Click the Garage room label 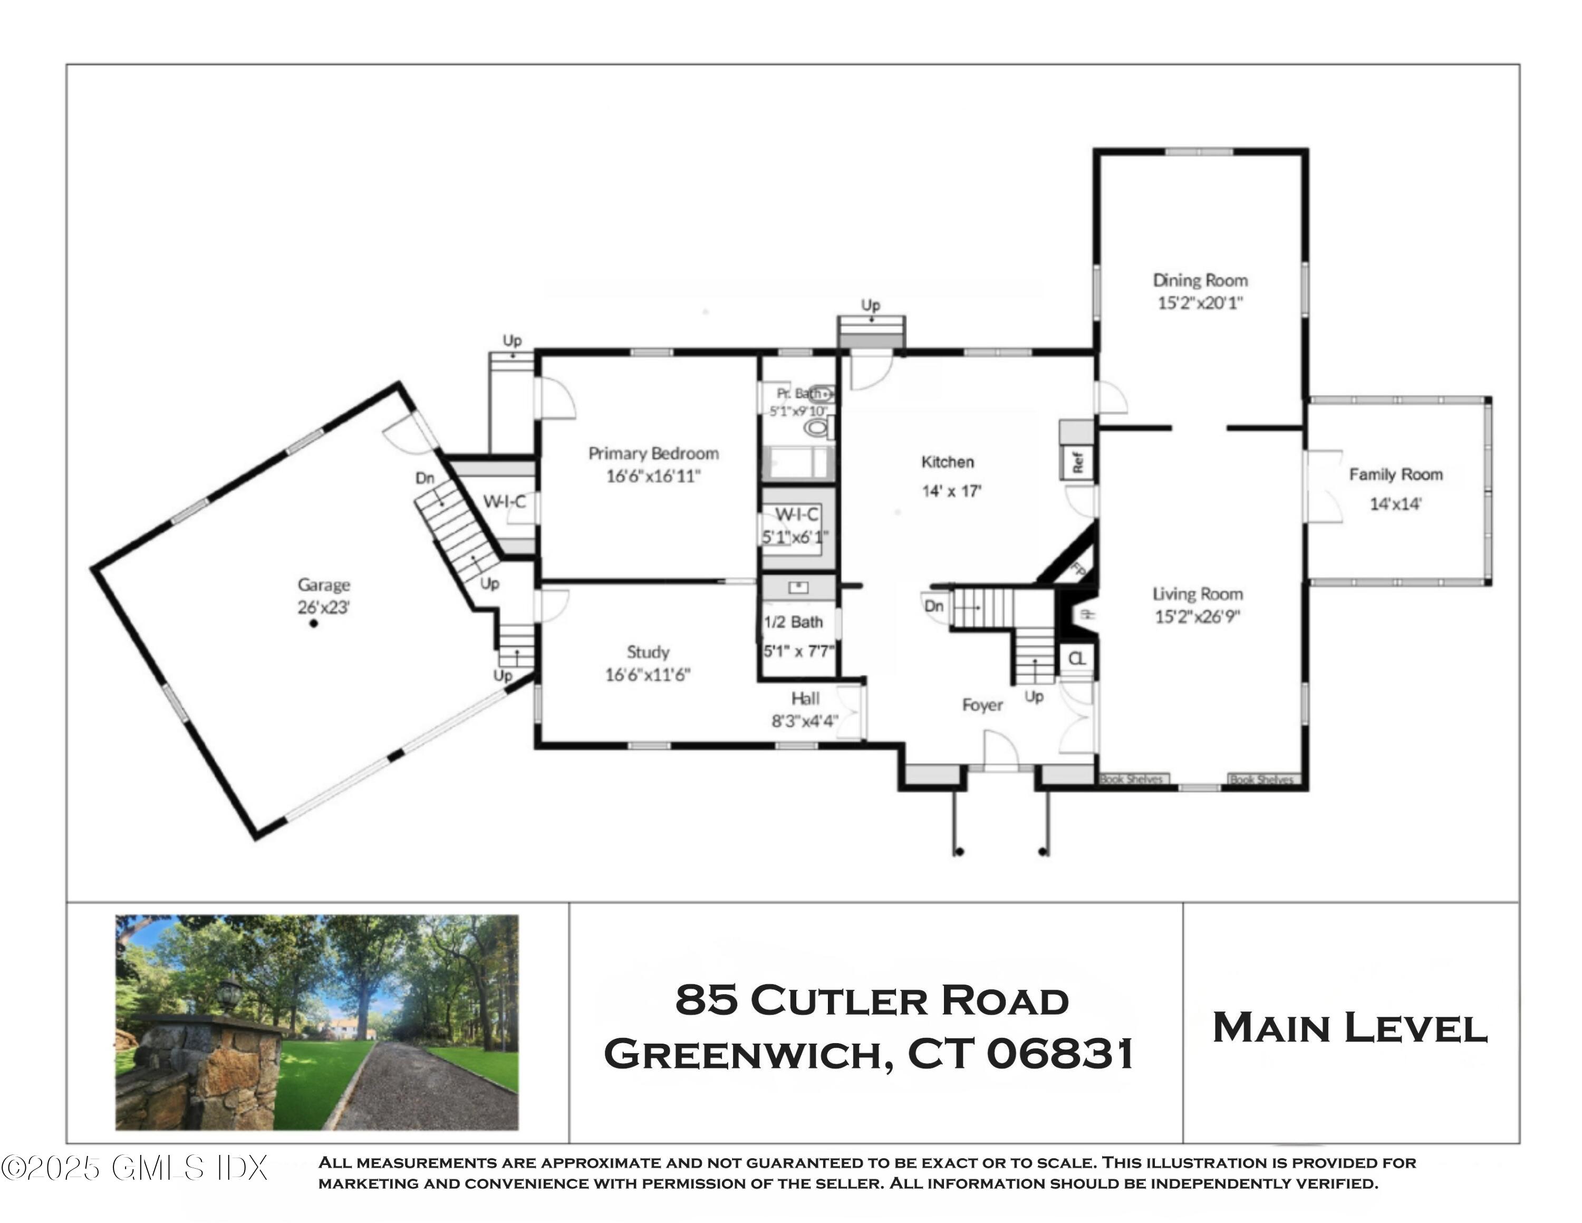pyautogui.click(x=324, y=585)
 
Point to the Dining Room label pyautogui.click(x=1200, y=280)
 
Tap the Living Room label pyautogui.click(x=1198, y=594)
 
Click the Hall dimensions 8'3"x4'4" pyautogui.click(x=804, y=721)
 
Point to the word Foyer pyautogui.click(x=982, y=705)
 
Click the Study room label pyautogui.click(x=648, y=652)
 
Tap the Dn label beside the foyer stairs pyautogui.click(x=934, y=606)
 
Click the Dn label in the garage pyautogui.click(x=425, y=478)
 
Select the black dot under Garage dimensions pyautogui.click(x=314, y=623)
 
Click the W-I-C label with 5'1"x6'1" pyautogui.click(x=796, y=515)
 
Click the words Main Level pyautogui.click(x=1350, y=1028)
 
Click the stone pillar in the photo pyautogui.click(x=210, y=1072)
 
